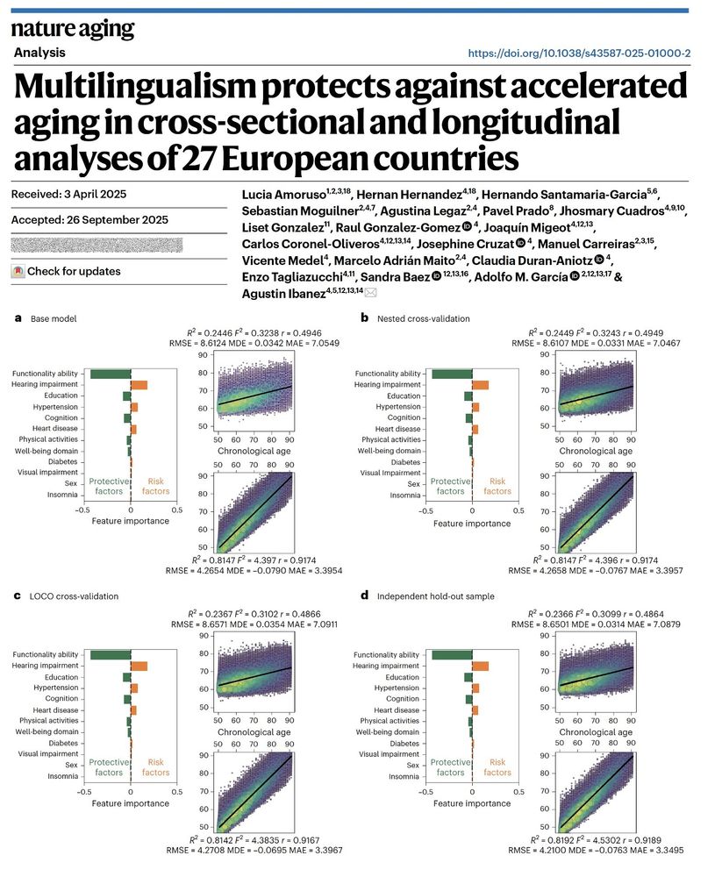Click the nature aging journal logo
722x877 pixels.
click(73, 29)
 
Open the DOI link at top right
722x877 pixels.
click(580, 53)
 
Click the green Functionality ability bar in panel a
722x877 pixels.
click(111, 374)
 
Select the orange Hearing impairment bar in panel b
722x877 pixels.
click(480, 385)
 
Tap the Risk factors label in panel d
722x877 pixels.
click(497, 766)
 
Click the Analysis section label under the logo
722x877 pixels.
click(40, 53)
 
